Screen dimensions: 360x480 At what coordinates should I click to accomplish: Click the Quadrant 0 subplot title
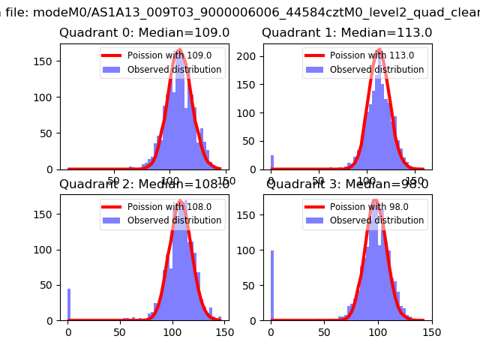pyautogui.click(x=144, y=33)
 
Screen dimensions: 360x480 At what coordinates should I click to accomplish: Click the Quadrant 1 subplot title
pyautogui.click(x=346, y=33)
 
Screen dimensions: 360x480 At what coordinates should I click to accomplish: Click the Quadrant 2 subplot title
pyautogui.click(x=144, y=184)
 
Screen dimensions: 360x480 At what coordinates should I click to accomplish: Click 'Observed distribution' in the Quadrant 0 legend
pyautogui.click(x=174, y=70)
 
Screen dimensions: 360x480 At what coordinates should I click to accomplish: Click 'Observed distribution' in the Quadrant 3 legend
pyautogui.click(x=376, y=220)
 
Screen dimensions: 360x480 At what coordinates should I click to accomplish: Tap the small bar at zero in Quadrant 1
pyautogui.click(x=271, y=163)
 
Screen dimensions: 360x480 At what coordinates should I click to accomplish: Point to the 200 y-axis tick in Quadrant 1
pyautogui.click(x=250, y=56)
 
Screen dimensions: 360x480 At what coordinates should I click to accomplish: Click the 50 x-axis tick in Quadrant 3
pyautogui.click(x=324, y=332)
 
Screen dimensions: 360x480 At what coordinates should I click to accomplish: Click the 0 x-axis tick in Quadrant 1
pyautogui.click(x=271, y=181)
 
